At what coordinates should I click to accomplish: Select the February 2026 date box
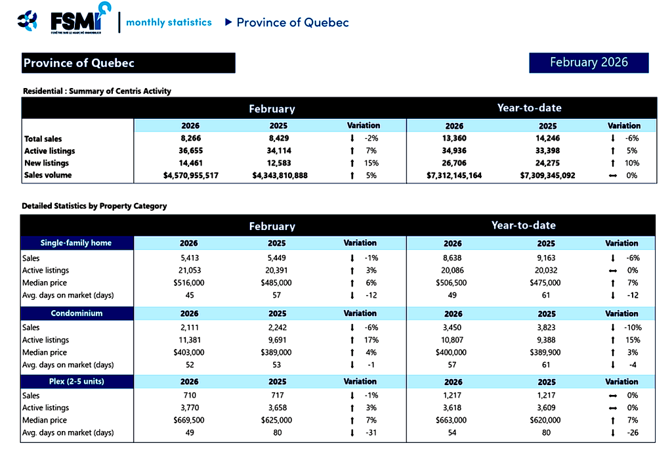tap(589, 62)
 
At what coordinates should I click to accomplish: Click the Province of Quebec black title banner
tap(128, 63)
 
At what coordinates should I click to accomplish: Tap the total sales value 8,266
tap(190, 139)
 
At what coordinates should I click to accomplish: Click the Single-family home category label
tap(76, 243)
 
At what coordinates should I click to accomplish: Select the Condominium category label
tap(76, 313)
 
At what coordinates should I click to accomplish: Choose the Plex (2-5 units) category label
tap(76, 382)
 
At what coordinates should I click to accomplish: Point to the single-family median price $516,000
tap(189, 283)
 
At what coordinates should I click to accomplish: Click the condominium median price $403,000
tap(189, 352)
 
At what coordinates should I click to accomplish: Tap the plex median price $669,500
tap(189, 420)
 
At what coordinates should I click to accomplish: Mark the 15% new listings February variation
tap(371, 163)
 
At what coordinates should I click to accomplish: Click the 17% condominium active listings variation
tap(371, 340)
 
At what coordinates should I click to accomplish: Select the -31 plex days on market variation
tap(371, 432)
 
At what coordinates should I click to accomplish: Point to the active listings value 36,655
tap(190, 150)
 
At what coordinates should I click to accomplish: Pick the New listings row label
tap(47, 163)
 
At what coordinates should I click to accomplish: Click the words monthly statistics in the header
tap(169, 22)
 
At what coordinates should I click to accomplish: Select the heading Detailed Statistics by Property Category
tap(94, 206)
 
